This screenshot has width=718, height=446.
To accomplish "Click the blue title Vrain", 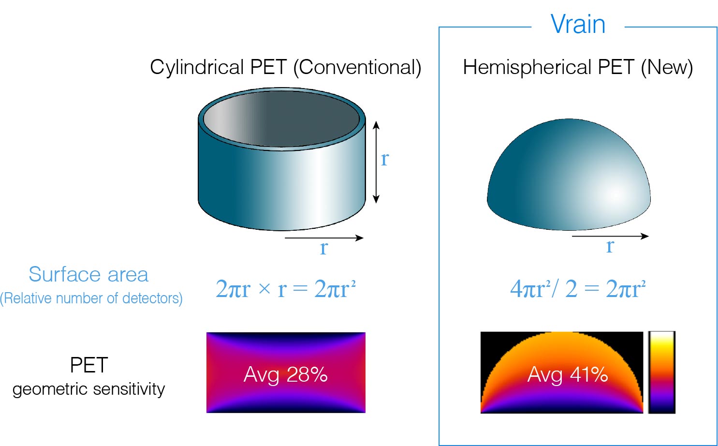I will coord(578,24).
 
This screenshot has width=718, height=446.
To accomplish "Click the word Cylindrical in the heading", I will coord(196,67).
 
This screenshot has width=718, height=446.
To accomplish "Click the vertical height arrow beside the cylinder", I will coord(376,163).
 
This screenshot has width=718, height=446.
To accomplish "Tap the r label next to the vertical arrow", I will coord(385,159).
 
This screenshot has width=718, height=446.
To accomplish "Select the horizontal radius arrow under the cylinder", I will coord(324,238).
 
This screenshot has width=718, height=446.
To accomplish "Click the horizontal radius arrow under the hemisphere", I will coord(610,236).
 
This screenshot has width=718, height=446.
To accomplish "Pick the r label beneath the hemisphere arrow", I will coord(610,246).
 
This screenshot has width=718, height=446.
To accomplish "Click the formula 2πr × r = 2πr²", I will coord(286,289).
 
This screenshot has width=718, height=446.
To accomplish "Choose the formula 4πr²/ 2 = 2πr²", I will coord(578,289).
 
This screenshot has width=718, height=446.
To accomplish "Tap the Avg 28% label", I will coord(286,374).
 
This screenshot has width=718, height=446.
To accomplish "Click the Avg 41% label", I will coord(567,374).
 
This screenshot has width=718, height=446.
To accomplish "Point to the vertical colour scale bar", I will coord(661,372).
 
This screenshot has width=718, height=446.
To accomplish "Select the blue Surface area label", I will coord(88,275).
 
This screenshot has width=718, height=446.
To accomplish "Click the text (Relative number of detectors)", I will coord(91,298).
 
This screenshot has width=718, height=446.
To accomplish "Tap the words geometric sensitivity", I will coord(88,389).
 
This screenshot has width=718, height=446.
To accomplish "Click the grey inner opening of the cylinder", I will coord(282,118).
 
